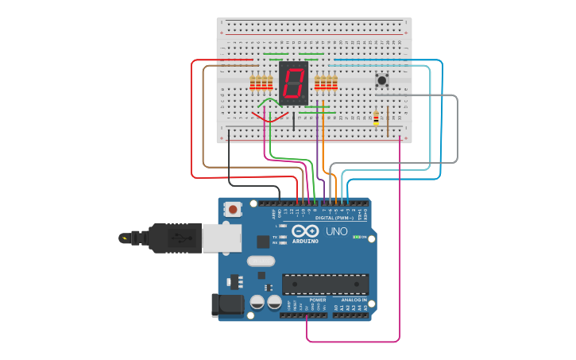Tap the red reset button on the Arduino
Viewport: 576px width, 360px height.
click(233, 210)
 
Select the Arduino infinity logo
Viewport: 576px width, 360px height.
click(305, 232)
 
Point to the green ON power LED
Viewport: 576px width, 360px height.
click(357, 237)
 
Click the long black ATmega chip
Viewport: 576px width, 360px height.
click(326, 284)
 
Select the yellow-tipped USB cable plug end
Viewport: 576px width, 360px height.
click(125, 237)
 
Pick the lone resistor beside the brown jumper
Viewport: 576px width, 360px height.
click(376, 118)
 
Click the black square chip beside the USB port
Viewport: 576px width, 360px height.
click(263, 242)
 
